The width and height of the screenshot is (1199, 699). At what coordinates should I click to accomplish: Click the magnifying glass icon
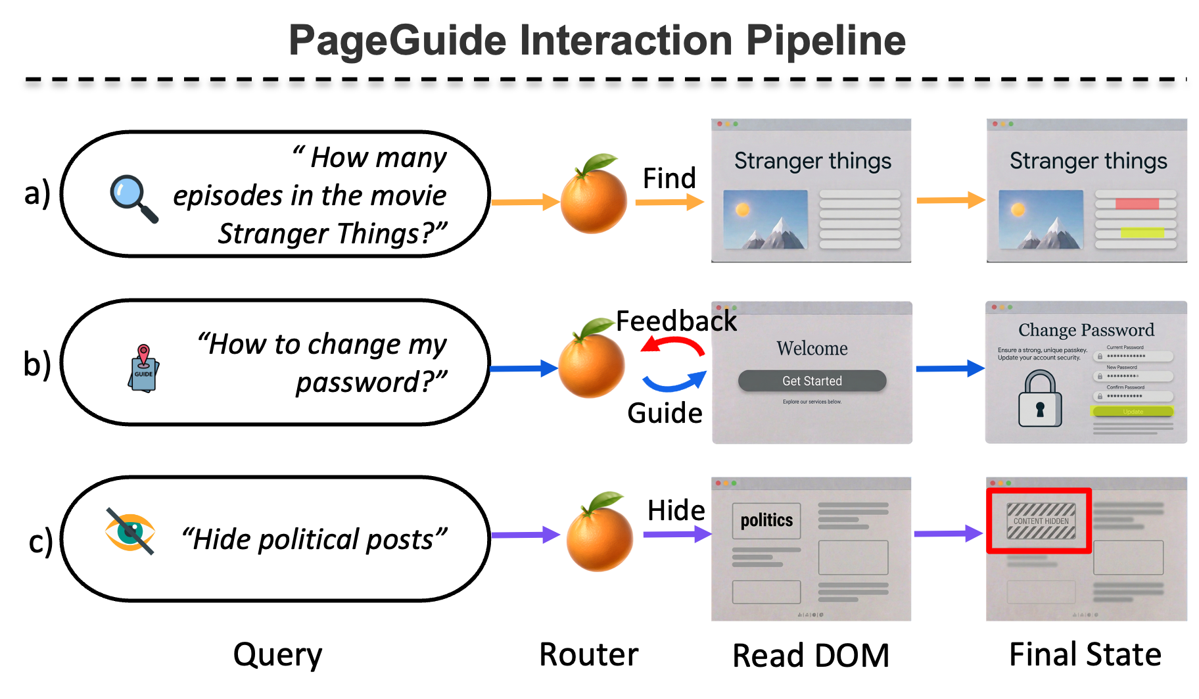(x=134, y=199)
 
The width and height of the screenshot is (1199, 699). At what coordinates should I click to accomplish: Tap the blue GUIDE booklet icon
(x=144, y=368)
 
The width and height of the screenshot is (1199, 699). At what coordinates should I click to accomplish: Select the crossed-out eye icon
(x=130, y=531)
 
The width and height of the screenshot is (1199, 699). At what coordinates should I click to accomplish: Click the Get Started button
(x=812, y=381)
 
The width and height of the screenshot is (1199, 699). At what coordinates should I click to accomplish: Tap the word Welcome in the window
(x=812, y=349)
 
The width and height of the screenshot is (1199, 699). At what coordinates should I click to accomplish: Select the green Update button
(x=1132, y=412)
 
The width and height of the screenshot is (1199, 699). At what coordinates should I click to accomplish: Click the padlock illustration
(x=1040, y=399)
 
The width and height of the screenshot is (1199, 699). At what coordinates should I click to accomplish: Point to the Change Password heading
(x=1086, y=329)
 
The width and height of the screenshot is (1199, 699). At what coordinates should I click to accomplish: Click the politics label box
(x=766, y=521)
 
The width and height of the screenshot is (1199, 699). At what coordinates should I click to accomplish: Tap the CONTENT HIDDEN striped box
(x=1041, y=521)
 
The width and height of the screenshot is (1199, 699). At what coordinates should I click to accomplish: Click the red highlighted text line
(x=1137, y=204)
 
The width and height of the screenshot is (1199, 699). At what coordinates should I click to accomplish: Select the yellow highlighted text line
(x=1142, y=232)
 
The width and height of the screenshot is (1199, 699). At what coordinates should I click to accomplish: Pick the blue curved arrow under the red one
(x=674, y=383)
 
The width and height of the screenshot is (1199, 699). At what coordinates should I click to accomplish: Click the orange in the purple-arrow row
(x=599, y=534)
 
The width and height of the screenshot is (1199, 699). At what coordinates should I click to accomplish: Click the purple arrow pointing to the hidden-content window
(x=947, y=533)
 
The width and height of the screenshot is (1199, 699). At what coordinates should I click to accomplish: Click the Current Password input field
(x=1133, y=356)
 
